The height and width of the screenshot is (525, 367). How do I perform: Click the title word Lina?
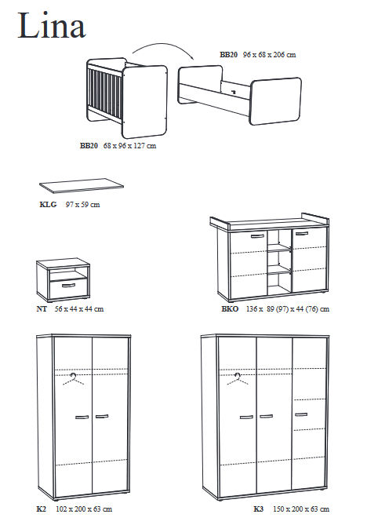(x=52, y=26)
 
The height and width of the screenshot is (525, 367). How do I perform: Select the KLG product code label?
(x=48, y=204)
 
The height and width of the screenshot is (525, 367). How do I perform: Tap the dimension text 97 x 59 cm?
(x=82, y=204)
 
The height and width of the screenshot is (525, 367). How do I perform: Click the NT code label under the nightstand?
(x=42, y=308)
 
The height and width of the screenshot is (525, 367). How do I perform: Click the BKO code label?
(x=230, y=308)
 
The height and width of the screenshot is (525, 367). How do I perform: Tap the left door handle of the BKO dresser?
(x=257, y=236)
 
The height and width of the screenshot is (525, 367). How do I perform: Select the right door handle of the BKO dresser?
(x=302, y=233)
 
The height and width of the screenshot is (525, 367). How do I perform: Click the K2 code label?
(x=41, y=509)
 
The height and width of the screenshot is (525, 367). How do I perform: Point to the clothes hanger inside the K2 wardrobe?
(x=73, y=379)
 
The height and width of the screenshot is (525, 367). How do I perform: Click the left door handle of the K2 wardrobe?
(x=82, y=417)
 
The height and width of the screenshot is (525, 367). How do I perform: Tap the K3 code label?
(x=259, y=509)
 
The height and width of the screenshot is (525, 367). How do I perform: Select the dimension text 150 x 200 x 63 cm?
(x=301, y=509)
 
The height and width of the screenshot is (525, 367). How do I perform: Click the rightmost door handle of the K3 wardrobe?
(x=301, y=414)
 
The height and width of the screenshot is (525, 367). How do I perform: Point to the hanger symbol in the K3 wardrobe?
(x=238, y=379)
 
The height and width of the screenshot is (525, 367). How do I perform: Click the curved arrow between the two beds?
(x=163, y=44)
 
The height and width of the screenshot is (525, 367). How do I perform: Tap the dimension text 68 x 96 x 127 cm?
(x=130, y=146)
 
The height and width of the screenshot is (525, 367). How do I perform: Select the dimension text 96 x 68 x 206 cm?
(x=269, y=55)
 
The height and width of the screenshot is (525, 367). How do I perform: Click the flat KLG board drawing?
(x=82, y=185)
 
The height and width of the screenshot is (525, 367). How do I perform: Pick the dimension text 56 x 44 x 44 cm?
(x=79, y=308)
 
